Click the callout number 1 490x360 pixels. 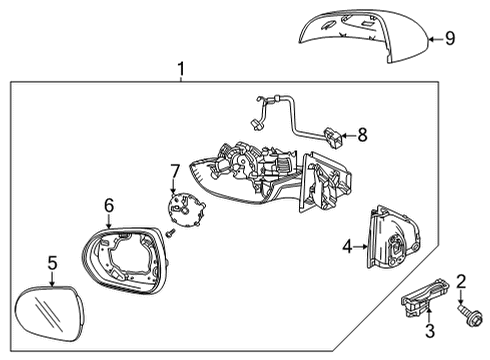click(180, 69)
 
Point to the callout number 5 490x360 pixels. click(52, 264)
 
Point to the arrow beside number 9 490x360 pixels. click(432, 40)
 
